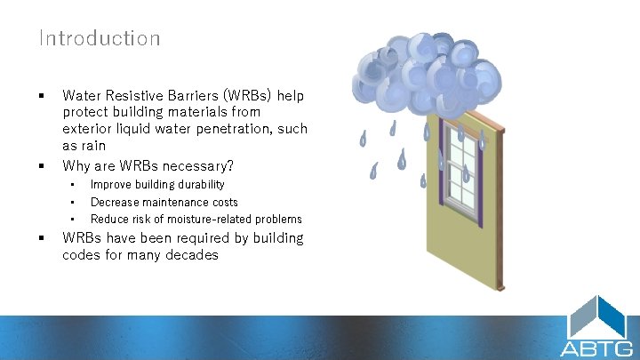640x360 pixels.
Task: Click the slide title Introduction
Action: coord(99,38)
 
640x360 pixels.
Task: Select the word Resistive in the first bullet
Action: coord(133,94)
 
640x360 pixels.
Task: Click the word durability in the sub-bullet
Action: coord(198,185)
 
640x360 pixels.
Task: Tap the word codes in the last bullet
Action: coord(81,255)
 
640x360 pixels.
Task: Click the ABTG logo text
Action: coord(596,348)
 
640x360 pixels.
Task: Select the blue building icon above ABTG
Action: coord(597,317)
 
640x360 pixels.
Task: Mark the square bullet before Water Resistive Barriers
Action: coord(41,94)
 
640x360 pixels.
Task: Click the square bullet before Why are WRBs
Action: coord(41,165)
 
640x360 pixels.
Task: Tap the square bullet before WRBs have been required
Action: coord(41,238)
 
